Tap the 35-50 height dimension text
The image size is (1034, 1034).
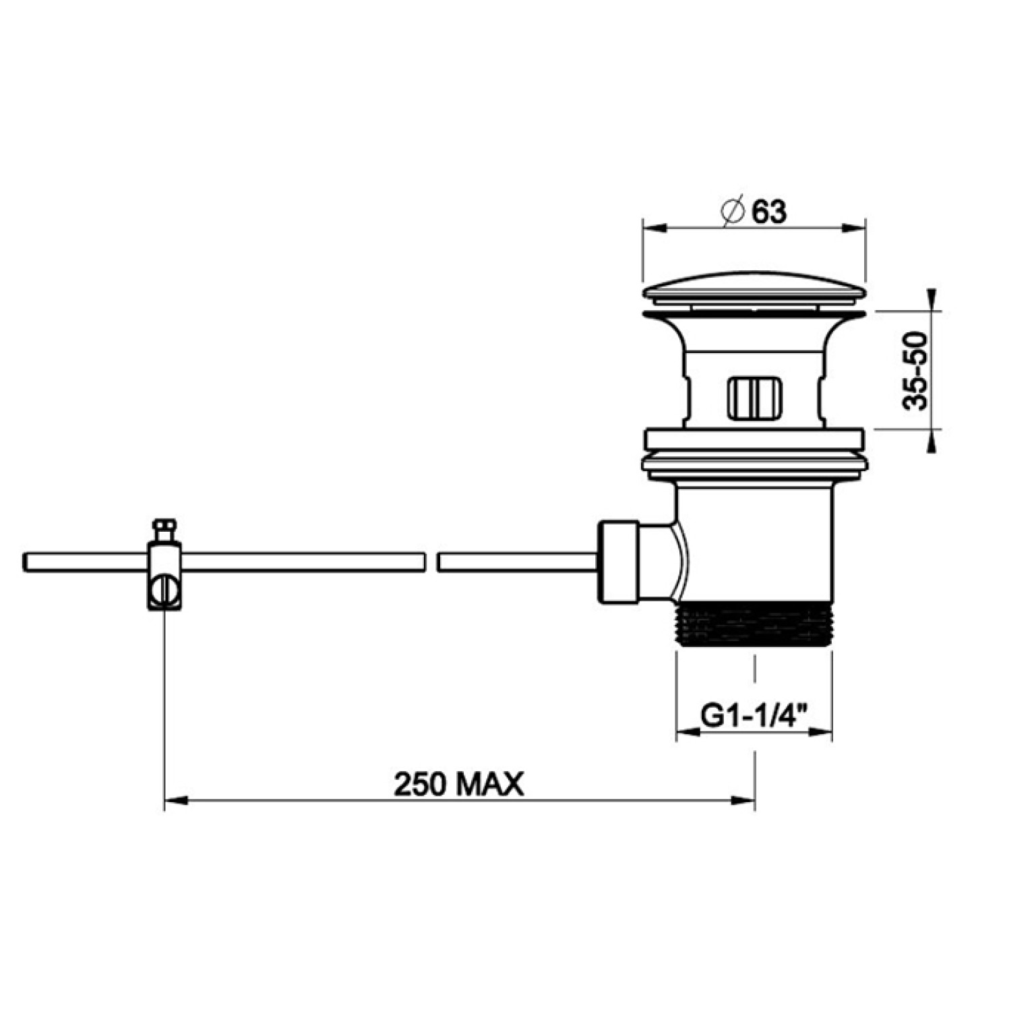(917, 370)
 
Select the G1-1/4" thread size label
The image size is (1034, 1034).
(754, 714)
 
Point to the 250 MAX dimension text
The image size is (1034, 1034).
(459, 784)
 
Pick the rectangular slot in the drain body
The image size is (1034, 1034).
(754, 398)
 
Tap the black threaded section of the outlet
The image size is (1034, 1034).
(754, 624)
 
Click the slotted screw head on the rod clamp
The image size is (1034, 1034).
(164, 591)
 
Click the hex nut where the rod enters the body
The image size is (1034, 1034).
(619, 561)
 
